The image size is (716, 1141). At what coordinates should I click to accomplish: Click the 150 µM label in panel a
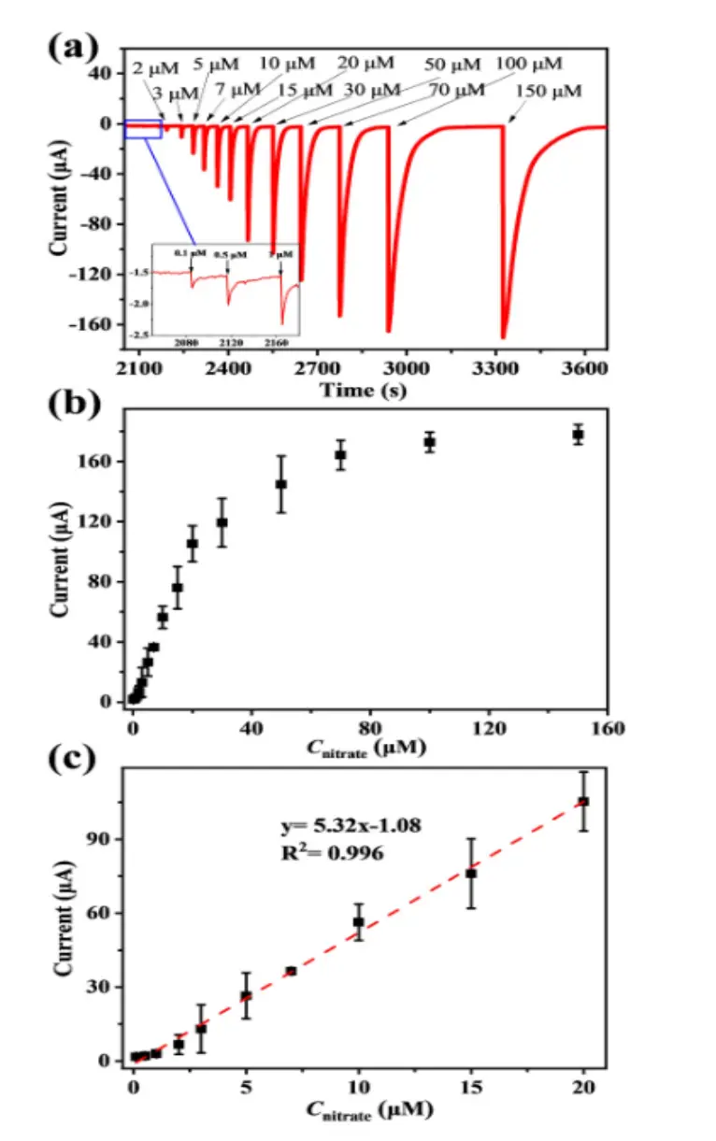click(549, 92)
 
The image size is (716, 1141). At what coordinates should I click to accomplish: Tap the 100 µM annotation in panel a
click(529, 64)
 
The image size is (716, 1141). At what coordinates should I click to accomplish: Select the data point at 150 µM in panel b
click(579, 435)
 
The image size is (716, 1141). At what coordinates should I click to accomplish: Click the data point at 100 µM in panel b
click(430, 442)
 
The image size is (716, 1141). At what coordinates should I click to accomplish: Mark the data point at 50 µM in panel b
click(281, 484)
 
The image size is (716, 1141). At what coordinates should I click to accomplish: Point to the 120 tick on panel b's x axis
click(489, 730)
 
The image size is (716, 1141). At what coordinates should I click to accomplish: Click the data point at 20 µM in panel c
click(583, 801)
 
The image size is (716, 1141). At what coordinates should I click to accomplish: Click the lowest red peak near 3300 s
click(503, 337)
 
